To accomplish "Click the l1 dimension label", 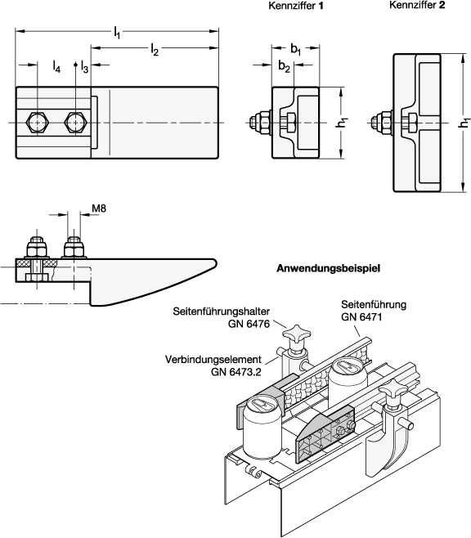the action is point(117,34).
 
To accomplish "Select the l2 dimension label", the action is point(155,50).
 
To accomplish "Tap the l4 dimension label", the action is point(56,66).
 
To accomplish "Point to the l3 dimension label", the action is point(84,66).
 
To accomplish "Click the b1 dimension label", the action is point(296,49).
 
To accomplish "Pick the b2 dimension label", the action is point(284,66).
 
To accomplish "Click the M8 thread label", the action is point(99,208).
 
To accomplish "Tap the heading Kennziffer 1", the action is point(296,6).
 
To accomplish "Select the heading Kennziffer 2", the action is point(417,5).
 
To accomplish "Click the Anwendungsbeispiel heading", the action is point(328,268).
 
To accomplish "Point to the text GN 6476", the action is point(249,324).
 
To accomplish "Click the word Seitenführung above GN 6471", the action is point(374,304).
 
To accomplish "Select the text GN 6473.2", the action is point(236,371).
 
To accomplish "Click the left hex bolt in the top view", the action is point(38,122).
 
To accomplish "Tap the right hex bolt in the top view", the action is point(76,122).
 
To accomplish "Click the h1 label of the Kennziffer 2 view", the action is point(464,123).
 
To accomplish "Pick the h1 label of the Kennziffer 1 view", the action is point(342,123).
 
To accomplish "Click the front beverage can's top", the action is point(262,404).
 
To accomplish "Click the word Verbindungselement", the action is point(213,360).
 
